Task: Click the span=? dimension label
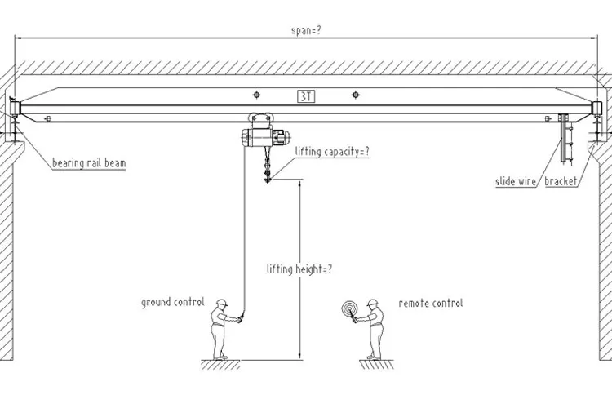306,30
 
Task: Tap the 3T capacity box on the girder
306,95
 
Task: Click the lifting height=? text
299,268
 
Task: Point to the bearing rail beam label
90,162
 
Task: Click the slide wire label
516,181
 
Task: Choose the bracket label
561,181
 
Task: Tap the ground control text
172,302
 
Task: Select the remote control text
431,303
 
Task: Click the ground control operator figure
221,330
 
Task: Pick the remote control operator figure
374,330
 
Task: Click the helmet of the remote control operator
373,302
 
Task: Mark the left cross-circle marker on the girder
257,95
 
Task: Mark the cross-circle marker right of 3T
355,95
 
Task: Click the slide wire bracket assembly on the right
563,139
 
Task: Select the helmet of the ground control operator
221,302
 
